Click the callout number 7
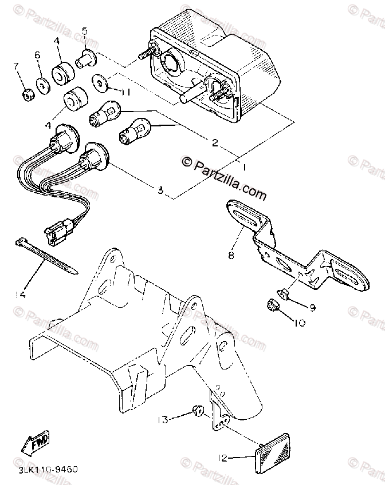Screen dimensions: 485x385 coord(17,67)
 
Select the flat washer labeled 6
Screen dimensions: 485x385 coord(42,85)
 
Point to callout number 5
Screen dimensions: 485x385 coord(84,30)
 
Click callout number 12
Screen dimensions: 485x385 coord(223,458)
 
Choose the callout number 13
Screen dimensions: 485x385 coord(163,420)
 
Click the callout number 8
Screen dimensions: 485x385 coord(231,256)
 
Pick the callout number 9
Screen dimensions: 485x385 coord(312,308)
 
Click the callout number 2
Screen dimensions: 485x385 coord(214,143)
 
